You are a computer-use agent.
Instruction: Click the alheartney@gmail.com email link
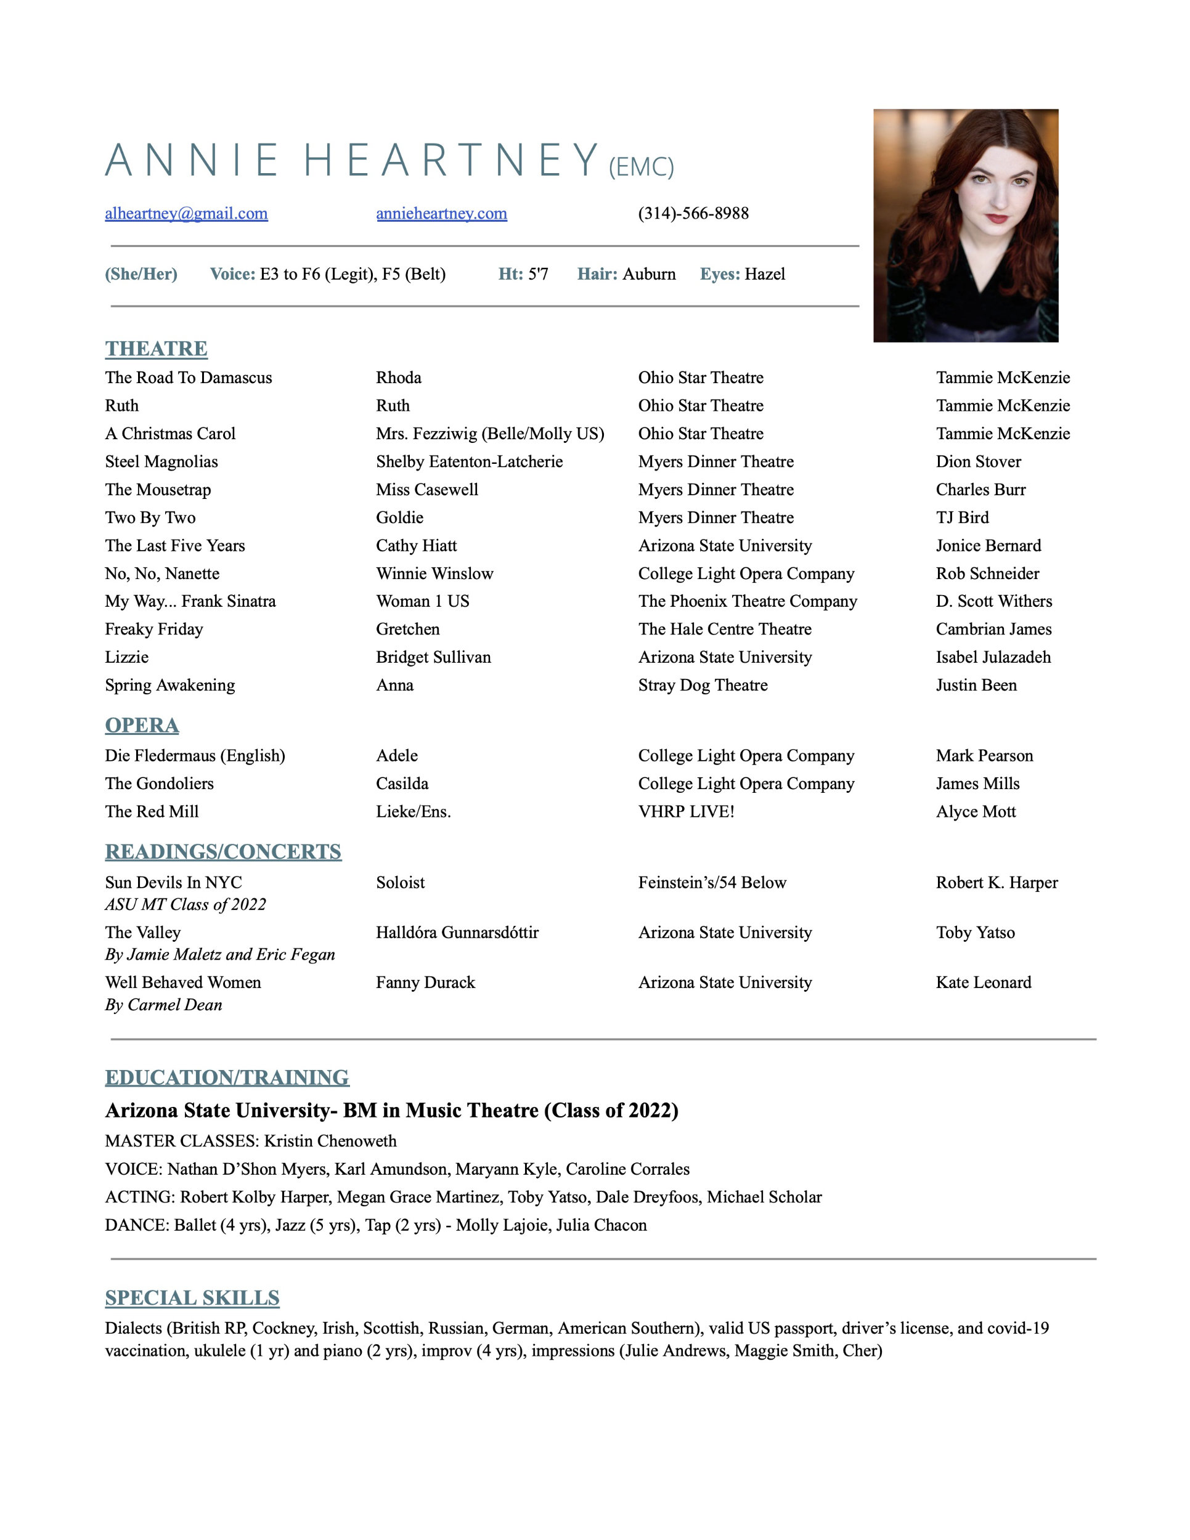(186, 214)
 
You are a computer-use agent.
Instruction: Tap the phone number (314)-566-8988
(693, 214)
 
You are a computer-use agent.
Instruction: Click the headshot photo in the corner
(965, 225)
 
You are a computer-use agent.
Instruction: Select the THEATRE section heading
(156, 349)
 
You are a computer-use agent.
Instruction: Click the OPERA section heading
(142, 726)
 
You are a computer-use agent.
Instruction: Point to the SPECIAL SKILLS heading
(192, 1298)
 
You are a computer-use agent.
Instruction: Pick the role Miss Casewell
(427, 490)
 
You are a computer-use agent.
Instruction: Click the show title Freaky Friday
(154, 630)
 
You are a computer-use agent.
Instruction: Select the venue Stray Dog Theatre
(703, 686)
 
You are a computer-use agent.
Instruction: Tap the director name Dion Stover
(979, 462)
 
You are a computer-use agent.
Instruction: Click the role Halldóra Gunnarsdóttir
(457, 933)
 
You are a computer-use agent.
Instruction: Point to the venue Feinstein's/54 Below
(712, 883)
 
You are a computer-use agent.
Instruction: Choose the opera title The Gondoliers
(159, 784)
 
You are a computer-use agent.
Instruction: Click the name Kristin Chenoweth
(330, 1141)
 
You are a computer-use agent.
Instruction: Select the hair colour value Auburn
(649, 274)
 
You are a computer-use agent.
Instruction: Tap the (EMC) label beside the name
(641, 167)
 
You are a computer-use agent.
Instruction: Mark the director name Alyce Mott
(976, 813)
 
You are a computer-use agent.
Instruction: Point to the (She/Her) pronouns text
(141, 274)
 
